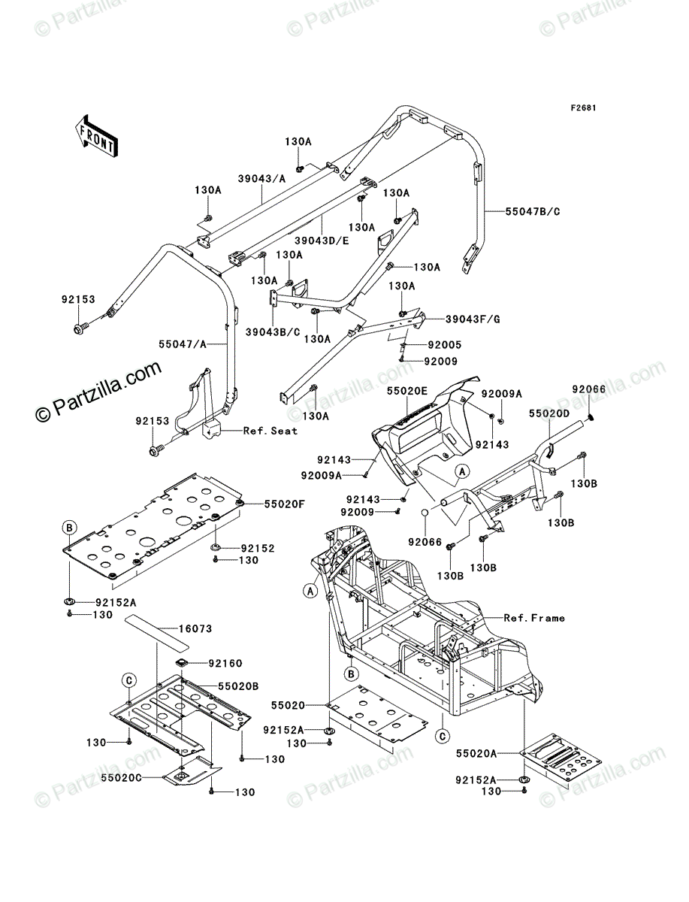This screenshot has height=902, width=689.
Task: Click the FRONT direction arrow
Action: (x=96, y=135)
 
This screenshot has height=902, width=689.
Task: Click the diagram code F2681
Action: (x=584, y=107)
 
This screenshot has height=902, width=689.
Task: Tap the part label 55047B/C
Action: (x=533, y=212)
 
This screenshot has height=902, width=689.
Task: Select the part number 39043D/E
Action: (x=322, y=241)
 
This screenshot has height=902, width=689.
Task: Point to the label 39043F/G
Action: (x=473, y=319)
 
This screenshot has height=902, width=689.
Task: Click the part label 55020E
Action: (x=408, y=391)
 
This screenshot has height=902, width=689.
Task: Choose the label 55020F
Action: (x=285, y=504)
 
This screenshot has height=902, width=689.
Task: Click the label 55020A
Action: (x=476, y=753)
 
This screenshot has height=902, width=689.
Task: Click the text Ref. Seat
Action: (x=270, y=431)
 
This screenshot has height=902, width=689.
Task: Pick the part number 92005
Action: (x=445, y=344)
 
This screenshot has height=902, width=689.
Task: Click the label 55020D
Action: (x=549, y=414)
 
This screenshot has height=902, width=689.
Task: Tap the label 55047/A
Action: (x=183, y=344)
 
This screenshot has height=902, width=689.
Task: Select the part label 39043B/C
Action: (x=273, y=332)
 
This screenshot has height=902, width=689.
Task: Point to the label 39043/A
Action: (x=262, y=178)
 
